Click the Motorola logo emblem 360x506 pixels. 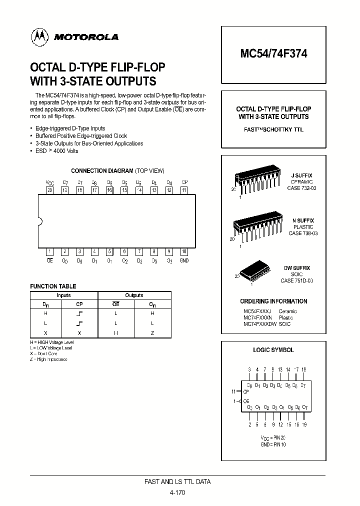pos(39,36)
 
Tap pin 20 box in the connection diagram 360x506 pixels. pos(49,190)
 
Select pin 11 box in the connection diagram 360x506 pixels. pos(184,190)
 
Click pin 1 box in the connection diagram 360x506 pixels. pos(49,251)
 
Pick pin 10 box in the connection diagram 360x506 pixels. pos(184,251)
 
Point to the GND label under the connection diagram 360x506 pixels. pos(184,260)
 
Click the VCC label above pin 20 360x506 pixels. pos(49,182)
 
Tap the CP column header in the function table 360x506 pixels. pos(79,303)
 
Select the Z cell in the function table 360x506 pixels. pos(152,332)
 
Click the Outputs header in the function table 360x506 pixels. pos(134,295)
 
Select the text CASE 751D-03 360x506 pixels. pos(297,281)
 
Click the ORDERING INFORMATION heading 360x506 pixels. pos(273,301)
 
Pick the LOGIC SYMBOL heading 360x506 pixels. pos(273,350)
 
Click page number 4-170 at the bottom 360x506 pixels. pos(177,492)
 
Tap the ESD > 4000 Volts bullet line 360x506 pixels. pos(57,150)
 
